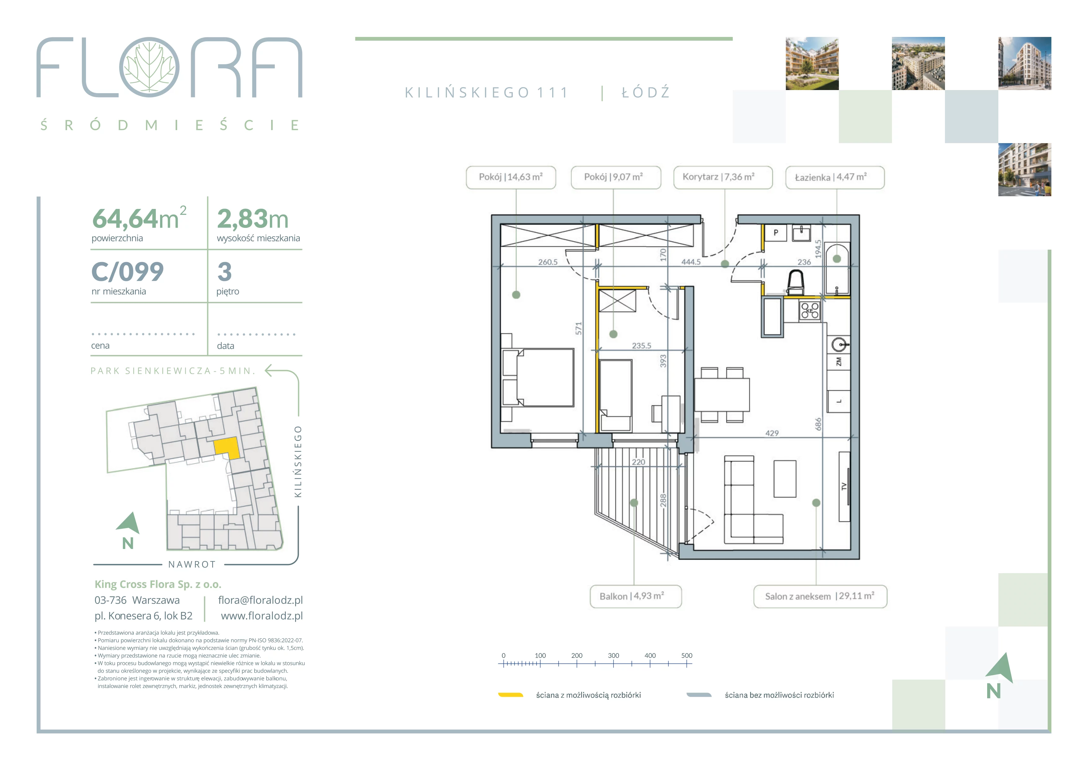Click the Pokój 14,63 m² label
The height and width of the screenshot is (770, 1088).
[511, 177]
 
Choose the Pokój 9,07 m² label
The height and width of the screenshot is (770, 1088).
[616, 177]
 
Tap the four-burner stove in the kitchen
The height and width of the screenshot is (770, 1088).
[810, 311]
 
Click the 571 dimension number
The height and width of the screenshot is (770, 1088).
[579, 328]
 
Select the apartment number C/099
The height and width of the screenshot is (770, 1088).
[128, 272]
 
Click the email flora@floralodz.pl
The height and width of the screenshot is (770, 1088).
[260, 600]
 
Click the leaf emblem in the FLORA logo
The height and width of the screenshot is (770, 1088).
[149, 67]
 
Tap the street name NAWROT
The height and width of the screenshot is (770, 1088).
[192, 565]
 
